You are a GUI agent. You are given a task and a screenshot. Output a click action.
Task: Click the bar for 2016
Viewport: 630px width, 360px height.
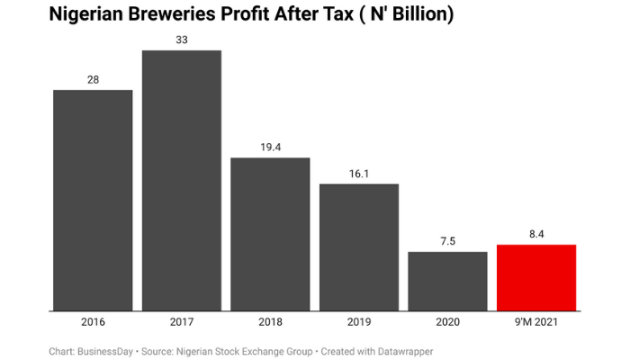pyautogui.click(x=93, y=200)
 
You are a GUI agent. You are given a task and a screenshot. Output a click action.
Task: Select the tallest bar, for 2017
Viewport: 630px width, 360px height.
pyautogui.click(x=182, y=180)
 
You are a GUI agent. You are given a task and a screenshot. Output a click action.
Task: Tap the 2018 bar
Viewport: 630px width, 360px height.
pyautogui.click(x=270, y=234)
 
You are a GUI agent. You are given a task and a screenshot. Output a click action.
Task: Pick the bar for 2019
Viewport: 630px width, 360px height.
pyautogui.click(x=359, y=247)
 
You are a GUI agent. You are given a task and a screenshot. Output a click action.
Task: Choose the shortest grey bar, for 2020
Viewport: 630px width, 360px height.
pyautogui.click(x=447, y=281)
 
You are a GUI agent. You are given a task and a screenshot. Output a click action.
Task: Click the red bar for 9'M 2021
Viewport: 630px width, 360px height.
pyautogui.click(x=536, y=277)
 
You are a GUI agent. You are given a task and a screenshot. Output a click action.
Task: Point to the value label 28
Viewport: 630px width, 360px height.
pyautogui.click(x=93, y=80)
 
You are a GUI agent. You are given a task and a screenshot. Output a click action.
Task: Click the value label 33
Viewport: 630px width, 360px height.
pyautogui.click(x=182, y=40)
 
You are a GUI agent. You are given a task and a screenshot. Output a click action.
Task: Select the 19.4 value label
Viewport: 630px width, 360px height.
pyautogui.click(x=270, y=147)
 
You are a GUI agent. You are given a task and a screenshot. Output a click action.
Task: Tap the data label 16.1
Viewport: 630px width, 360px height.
pyautogui.click(x=359, y=174)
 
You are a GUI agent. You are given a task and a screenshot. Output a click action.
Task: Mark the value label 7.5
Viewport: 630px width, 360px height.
pyautogui.click(x=447, y=241)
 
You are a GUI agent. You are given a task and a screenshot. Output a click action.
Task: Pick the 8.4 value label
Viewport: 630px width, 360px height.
pyautogui.click(x=536, y=234)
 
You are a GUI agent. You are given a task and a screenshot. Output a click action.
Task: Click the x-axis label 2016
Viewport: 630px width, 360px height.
pyautogui.click(x=93, y=321)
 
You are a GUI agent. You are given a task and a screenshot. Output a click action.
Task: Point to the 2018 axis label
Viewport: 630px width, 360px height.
pyautogui.click(x=270, y=321)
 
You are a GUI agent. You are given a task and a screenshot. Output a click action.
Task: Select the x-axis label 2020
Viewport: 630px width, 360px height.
pyautogui.click(x=447, y=321)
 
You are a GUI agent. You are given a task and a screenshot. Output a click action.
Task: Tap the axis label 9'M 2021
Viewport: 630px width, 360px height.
pyautogui.click(x=536, y=321)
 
